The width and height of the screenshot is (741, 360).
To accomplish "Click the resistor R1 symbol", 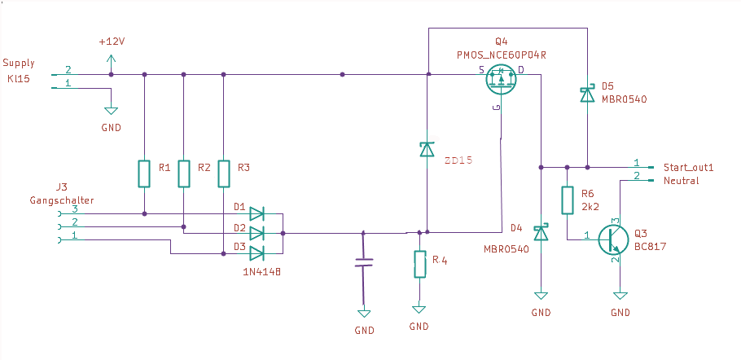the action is click(145, 173).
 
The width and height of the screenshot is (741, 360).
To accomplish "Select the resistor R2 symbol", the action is click(184, 173).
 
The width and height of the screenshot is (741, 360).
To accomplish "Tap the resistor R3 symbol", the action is click(224, 173).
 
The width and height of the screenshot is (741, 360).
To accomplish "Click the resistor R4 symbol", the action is click(419, 264).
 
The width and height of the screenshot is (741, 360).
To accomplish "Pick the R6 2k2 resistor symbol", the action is click(567, 200).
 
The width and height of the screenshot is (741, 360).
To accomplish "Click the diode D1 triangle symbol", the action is click(256, 214).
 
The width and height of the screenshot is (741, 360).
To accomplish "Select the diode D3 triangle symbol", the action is click(256, 253).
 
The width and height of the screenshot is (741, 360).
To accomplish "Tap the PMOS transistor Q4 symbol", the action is click(501, 79).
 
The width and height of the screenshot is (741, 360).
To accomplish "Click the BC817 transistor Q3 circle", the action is click(613, 239).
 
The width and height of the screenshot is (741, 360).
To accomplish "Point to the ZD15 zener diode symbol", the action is click(427, 150).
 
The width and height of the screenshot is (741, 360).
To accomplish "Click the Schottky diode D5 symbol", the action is click(586, 96).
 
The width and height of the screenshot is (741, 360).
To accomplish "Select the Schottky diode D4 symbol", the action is click(541, 233).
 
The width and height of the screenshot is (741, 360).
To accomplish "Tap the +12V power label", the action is click(112, 42).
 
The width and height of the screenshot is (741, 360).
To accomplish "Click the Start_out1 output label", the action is click(688, 168).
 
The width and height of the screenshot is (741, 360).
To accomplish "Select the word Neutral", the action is click(681, 181).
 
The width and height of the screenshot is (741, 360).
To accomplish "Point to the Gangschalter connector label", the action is click(62, 200).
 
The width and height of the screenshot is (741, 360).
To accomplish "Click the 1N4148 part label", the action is click(257, 272).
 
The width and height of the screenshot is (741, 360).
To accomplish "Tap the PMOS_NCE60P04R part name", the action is click(501, 54).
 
